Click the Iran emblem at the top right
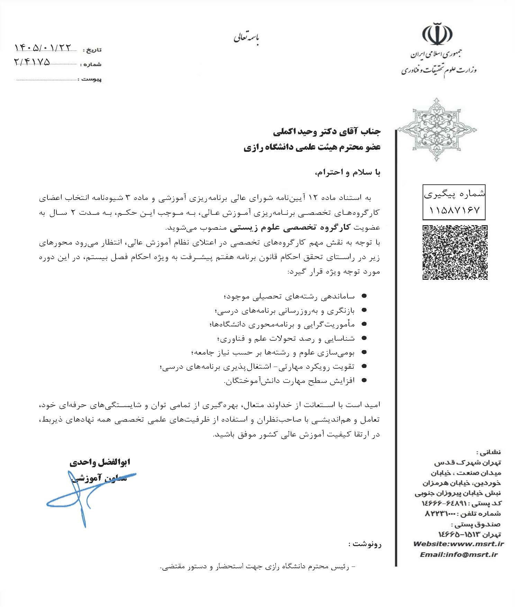pos(437,34)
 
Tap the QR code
pos(455,252)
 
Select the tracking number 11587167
pos(454,210)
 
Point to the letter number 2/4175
pos(32,62)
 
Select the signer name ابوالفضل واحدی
pos(100,462)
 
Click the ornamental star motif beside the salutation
pos(437,130)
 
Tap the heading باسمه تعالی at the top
pos(246,38)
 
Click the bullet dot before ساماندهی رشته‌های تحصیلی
pos(363,296)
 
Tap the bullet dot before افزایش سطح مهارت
pos(363,380)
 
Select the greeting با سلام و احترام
pos(348,172)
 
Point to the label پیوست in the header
pos(92,79)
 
